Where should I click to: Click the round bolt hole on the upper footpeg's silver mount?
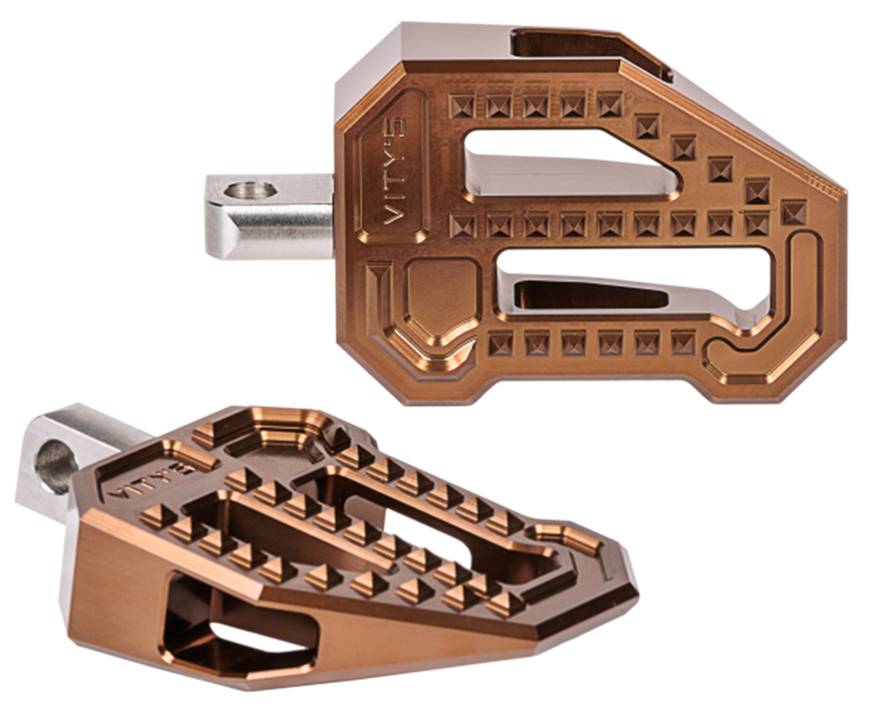(250, 190)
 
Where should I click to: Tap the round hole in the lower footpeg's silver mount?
(56, 466)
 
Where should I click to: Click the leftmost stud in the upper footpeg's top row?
(461, 106)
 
